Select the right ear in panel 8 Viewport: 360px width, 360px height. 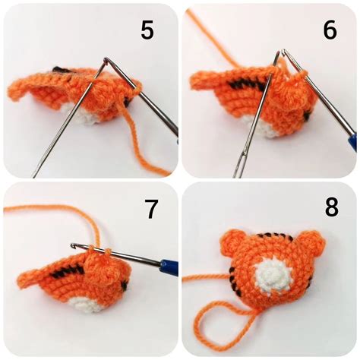[312, 245]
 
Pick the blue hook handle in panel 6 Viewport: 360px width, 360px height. [350, 141]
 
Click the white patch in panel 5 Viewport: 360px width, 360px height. [88, 118]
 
